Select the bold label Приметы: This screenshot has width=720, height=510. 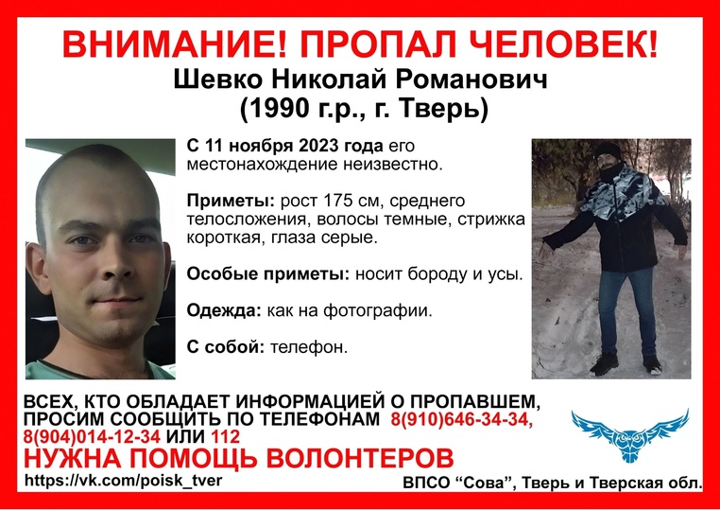[x=231, y=202]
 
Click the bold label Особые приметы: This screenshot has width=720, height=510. [x=268, y=274]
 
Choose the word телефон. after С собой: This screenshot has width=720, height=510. [x=309, y=347]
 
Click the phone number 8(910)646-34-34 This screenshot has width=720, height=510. [x=462, y=419]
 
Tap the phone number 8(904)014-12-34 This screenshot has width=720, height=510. [x=92, y=436]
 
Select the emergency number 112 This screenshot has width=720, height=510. [x=225, y=436]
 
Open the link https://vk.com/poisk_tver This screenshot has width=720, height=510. [x=124, y=481]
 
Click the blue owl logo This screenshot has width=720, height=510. [x=630, y=435]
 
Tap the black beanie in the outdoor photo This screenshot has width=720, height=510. [x=608, y=149]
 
